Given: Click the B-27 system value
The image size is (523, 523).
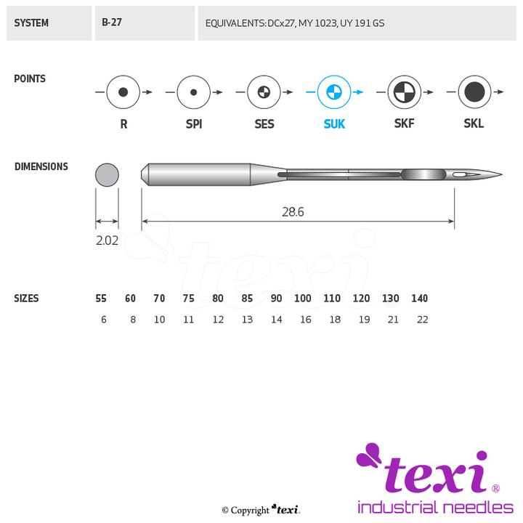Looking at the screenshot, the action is tap(112, 23).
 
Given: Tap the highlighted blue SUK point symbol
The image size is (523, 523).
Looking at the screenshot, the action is tap(334, 92).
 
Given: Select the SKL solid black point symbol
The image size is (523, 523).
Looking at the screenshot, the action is tap(474, 92).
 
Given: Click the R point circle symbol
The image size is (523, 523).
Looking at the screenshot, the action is tap(123, 92).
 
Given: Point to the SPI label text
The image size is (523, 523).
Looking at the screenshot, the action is tap(194, 124).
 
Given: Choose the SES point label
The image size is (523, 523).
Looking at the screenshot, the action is tap(264, 124).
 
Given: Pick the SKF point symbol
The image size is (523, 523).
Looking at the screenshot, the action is tap(405, 92).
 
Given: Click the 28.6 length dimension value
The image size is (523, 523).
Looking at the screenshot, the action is tap(293, 212).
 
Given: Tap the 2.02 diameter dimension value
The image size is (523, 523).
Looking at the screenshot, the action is tap(107, 240).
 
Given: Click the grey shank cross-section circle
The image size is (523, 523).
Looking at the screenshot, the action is tap(107, 175).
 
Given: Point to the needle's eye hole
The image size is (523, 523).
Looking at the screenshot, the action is tap(459, 175).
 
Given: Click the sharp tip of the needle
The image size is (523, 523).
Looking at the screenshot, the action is tap(502, 174).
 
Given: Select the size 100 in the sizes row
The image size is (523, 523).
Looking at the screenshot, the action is tap(302, 299).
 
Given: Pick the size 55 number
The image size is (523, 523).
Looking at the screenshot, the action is tap(101, 299).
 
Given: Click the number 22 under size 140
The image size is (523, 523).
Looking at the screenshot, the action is tap(422, 320).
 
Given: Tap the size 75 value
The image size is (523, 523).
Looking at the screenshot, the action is tap(188, 299).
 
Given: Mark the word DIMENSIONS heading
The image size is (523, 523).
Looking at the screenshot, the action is tap(41, 166).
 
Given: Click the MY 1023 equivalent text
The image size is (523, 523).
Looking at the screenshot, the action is tap(317, 23).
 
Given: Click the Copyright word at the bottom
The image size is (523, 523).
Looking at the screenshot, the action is tap(250, 511).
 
